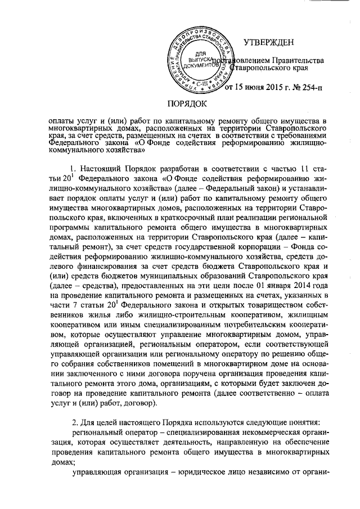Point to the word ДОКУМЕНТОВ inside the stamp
coord(199,65)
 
